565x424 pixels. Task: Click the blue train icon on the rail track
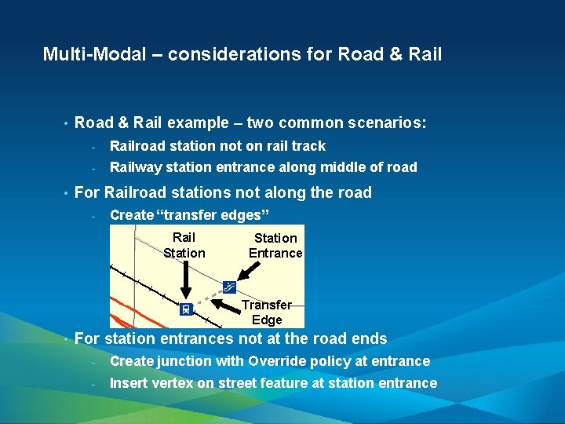pos(186,309)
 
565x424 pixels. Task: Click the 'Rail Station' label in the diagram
pos(184,245)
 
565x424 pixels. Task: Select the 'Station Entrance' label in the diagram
pos(275,245)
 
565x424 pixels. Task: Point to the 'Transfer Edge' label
pos(267,312)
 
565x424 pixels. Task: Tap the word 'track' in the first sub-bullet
pos(308,146)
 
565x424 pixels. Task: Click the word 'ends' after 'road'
pos(368,339)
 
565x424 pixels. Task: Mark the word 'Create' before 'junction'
pos(132,361)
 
